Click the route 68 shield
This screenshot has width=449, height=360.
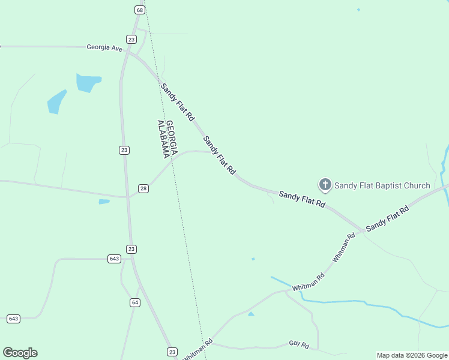(140, 10)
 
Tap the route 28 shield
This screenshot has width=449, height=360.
(143, 188)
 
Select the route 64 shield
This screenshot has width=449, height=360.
(135, 302)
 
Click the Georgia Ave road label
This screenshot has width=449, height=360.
(104, 47)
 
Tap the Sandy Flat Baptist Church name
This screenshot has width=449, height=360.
(382, 185)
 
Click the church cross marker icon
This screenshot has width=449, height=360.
(325, 185)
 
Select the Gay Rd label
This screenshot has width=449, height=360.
(298, 344)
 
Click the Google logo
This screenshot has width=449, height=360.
(20, 353)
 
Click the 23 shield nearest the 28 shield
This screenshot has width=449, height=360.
(124, 150)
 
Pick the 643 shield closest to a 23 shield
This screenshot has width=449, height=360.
(114, 259)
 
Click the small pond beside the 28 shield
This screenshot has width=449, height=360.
(104, 202)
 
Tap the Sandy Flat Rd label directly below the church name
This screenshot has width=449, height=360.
(302, 199)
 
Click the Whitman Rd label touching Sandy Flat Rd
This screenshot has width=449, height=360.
(344, 247)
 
